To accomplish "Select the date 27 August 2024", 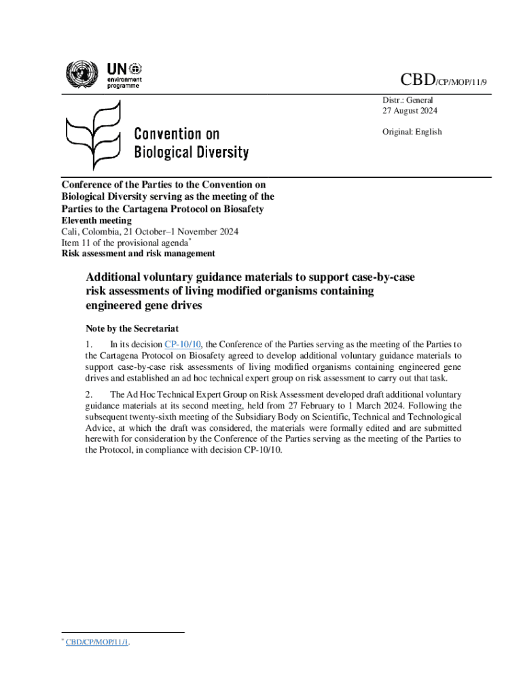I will (x=408, y=111).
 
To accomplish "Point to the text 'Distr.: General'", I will (x=406, y=100).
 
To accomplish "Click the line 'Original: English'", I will (x=410, y=132).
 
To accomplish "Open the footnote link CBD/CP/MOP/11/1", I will (x=97, y=642).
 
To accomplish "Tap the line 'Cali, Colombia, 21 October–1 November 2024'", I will (x=150, y=232).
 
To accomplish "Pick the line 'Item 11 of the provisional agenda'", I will (x=125, y=243).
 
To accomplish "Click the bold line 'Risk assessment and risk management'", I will (x=139, y=254).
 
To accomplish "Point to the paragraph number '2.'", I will (x=89, y=395).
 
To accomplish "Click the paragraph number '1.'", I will (x=89, y=345).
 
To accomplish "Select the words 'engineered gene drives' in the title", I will (x=144, y=306).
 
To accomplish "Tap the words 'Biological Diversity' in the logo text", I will (x=191, y=152).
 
